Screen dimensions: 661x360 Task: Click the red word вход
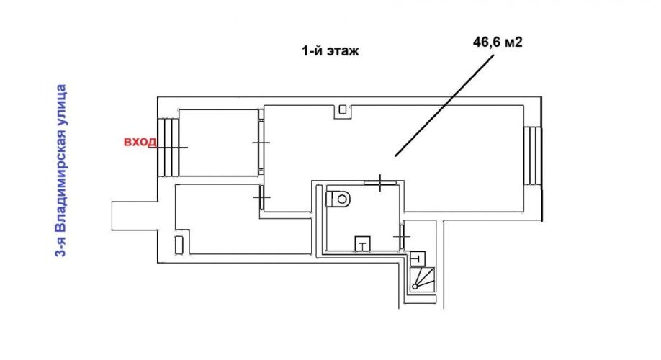coord(140,142)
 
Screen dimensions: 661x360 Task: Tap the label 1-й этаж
coord(330,51)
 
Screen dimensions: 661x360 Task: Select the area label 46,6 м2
coord(498,42)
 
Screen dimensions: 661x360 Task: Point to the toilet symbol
coord(338,198)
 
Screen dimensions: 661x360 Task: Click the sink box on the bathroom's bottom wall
coord(362,243)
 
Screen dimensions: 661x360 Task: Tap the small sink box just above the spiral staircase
coord(418,258)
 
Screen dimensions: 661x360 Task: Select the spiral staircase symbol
coord(422,279)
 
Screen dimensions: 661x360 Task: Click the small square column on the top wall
coord(343,109)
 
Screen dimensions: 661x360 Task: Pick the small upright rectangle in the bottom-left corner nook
coord(179,246)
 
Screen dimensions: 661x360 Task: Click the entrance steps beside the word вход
coord(168,147)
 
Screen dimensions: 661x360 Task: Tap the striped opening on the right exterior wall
coord(532,156)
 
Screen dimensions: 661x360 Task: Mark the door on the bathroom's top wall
coord(380,183)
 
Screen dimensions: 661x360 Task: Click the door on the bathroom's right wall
coord(401,238)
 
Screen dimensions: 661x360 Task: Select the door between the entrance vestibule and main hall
coord(261,143)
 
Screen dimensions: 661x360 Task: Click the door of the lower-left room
coord(262,198)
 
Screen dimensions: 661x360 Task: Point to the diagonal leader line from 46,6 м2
coord(444,105)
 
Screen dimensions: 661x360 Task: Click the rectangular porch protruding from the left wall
coord(135,215)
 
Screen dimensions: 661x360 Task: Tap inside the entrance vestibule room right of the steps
coord(219,143)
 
